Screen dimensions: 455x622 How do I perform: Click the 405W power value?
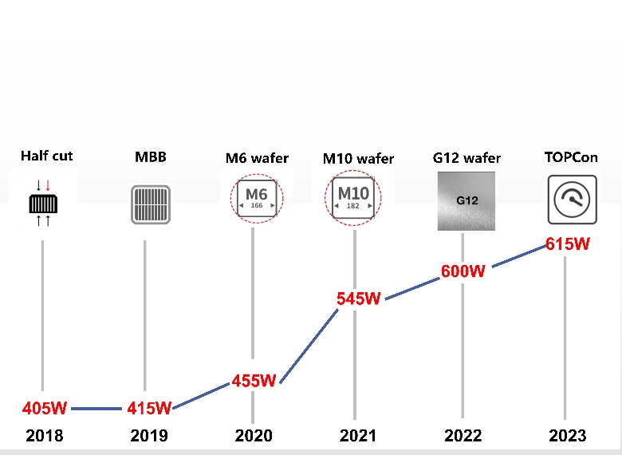(45, 409)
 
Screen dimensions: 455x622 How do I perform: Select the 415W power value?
(149, 409)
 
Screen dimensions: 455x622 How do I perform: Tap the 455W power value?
(254, 381)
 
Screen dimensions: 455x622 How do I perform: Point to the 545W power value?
(359, 299)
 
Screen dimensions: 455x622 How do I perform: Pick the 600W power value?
(463, 271)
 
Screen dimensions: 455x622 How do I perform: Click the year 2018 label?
(45, 436)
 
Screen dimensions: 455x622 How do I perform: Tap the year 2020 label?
(254, 436)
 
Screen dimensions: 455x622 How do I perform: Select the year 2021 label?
(358, 436)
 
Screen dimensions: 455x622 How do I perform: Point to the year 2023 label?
(567, 436)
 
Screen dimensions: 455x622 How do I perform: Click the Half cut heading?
(47, 156)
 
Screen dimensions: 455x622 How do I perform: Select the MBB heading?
(151, 157)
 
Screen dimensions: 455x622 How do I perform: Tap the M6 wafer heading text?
(257, 158)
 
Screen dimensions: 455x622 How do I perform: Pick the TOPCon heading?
(571, 157)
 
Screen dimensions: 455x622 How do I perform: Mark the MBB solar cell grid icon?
(151, 204)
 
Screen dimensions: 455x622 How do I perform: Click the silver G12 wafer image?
(467, 200)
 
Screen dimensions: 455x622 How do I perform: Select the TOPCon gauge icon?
(573, 200)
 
